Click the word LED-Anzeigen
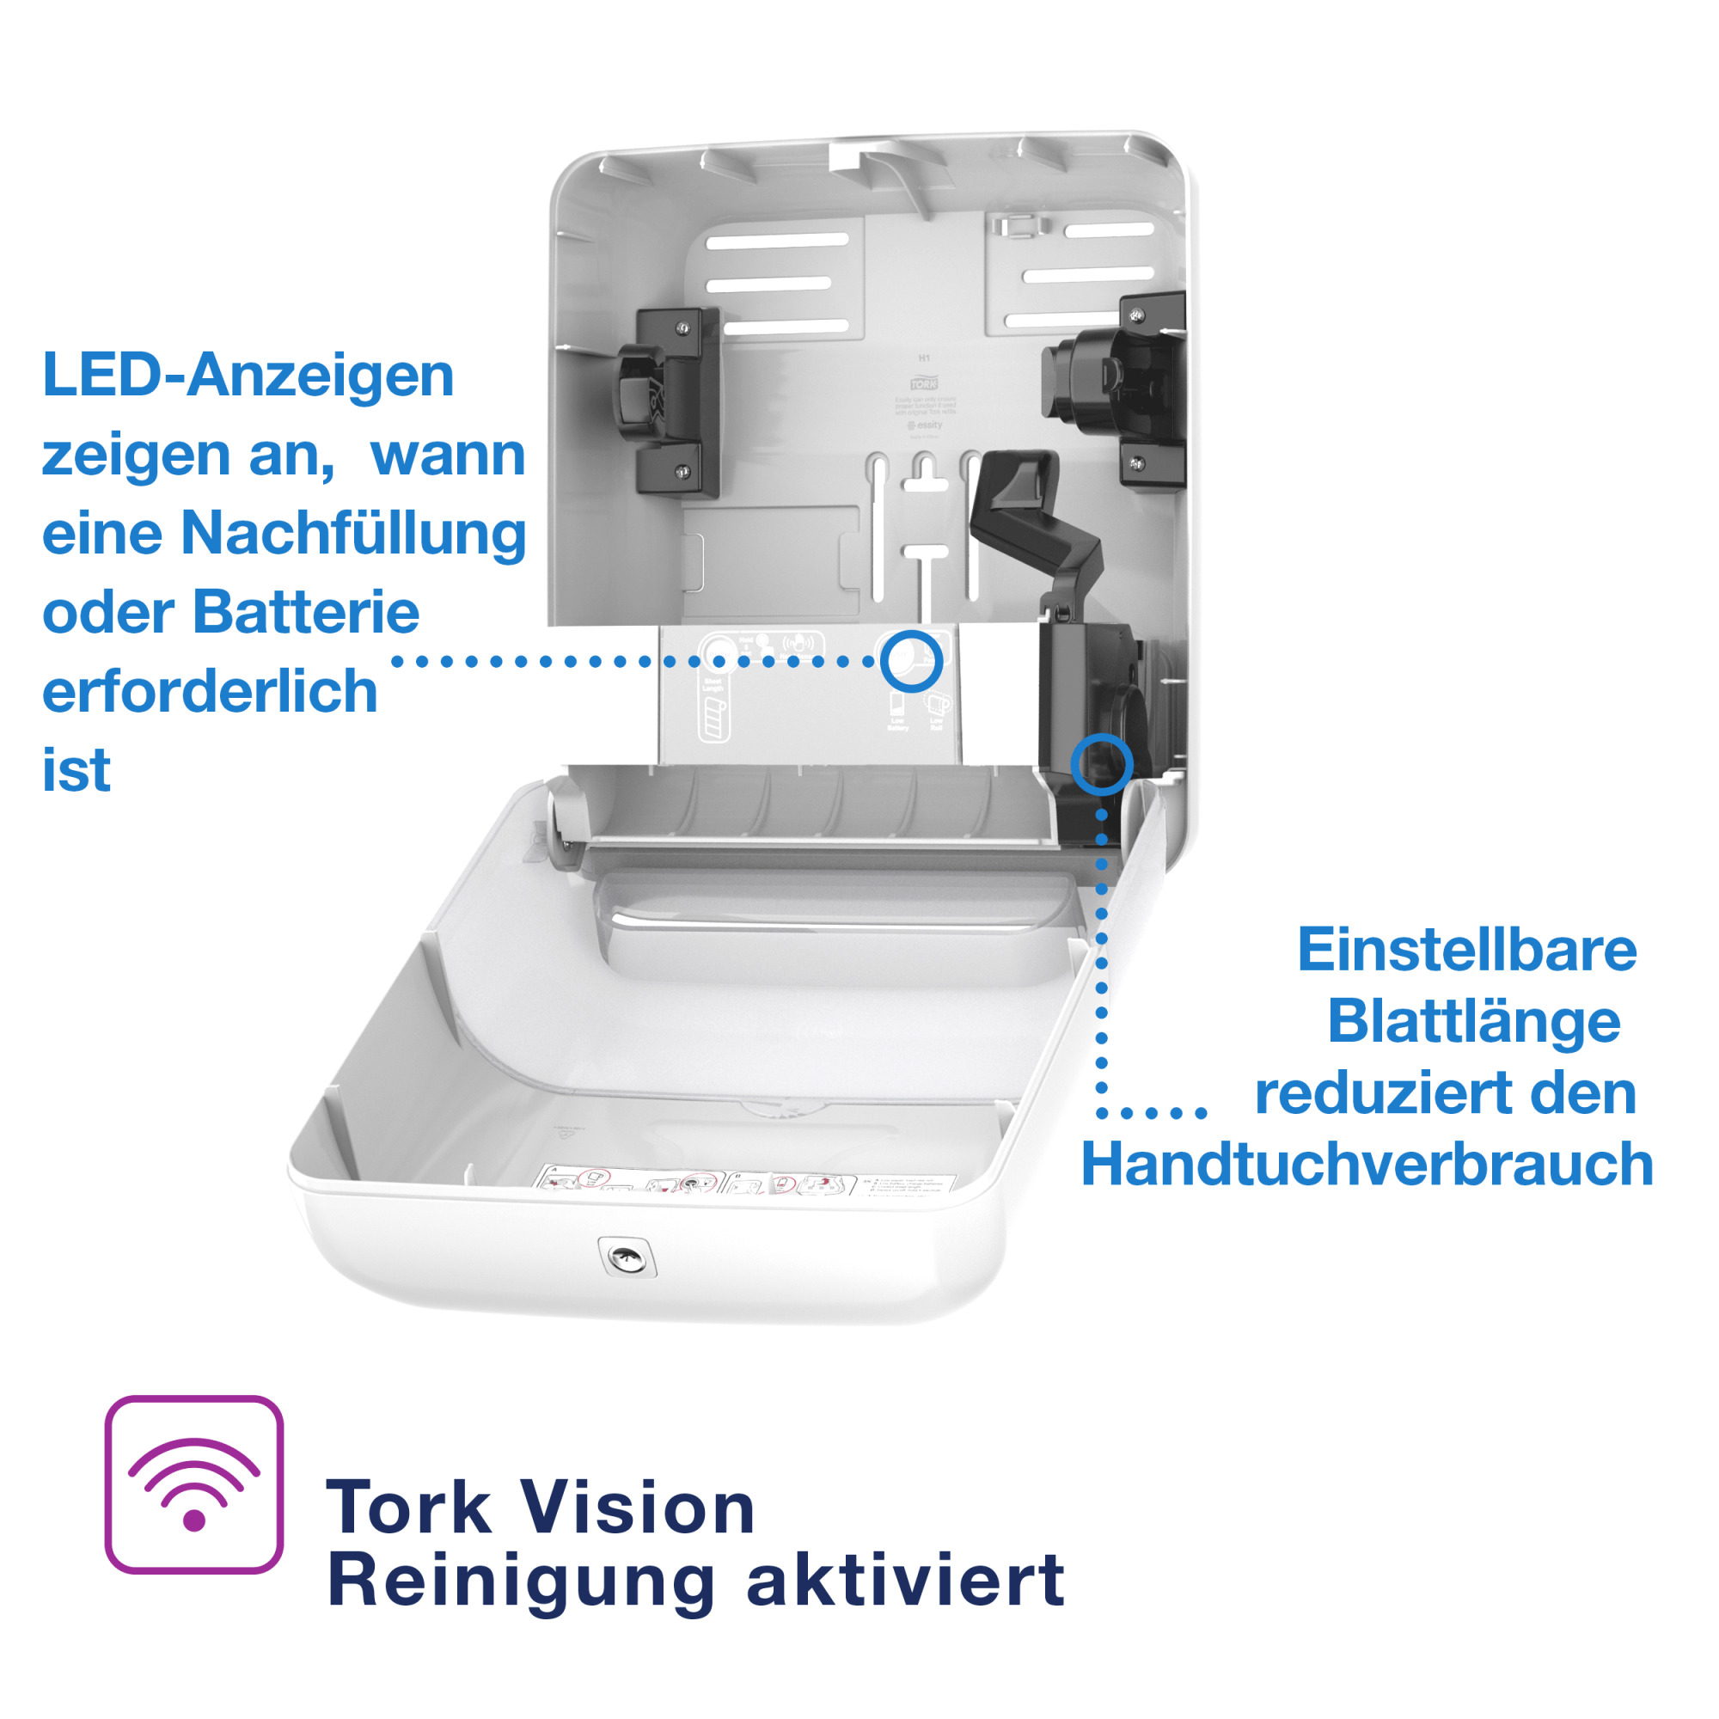point(248,375)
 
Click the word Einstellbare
point(1466,950)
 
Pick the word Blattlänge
point(1473,1020)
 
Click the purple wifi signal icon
point(194,1485)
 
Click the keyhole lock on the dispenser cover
point(626,1257)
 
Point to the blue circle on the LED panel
point(911,661)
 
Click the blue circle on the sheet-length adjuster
point(1102,763)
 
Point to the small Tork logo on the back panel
point(924,383)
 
